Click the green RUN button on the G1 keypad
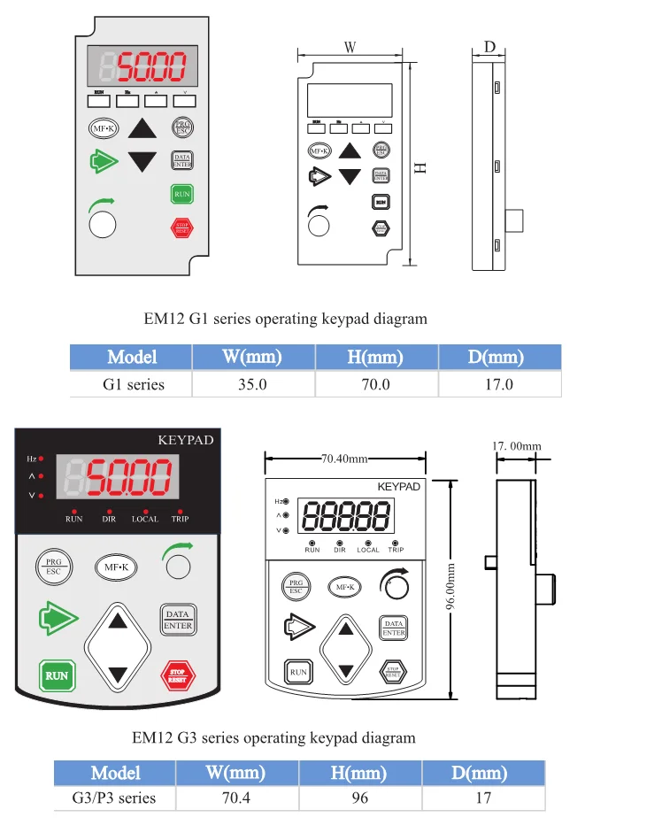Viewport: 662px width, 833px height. click(181, 194)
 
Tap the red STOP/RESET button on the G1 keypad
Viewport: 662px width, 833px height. click(181, 227)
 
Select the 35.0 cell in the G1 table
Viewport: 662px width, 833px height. click(251, 384)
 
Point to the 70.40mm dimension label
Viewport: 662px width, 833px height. click(344, 459)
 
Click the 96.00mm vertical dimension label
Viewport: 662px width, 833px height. click(450, 587)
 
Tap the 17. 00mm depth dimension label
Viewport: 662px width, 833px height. click(516, 445)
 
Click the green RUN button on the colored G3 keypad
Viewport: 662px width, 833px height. click(57, 675)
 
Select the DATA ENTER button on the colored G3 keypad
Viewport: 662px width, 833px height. click(177, 620)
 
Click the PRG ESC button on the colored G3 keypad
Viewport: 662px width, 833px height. click(53, 567)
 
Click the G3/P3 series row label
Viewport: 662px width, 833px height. click(114, 798)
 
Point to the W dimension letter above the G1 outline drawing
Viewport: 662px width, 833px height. click(350, 49)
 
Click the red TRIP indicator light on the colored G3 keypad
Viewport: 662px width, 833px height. click(181, 511)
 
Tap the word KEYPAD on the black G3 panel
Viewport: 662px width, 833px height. click(185, 439)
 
